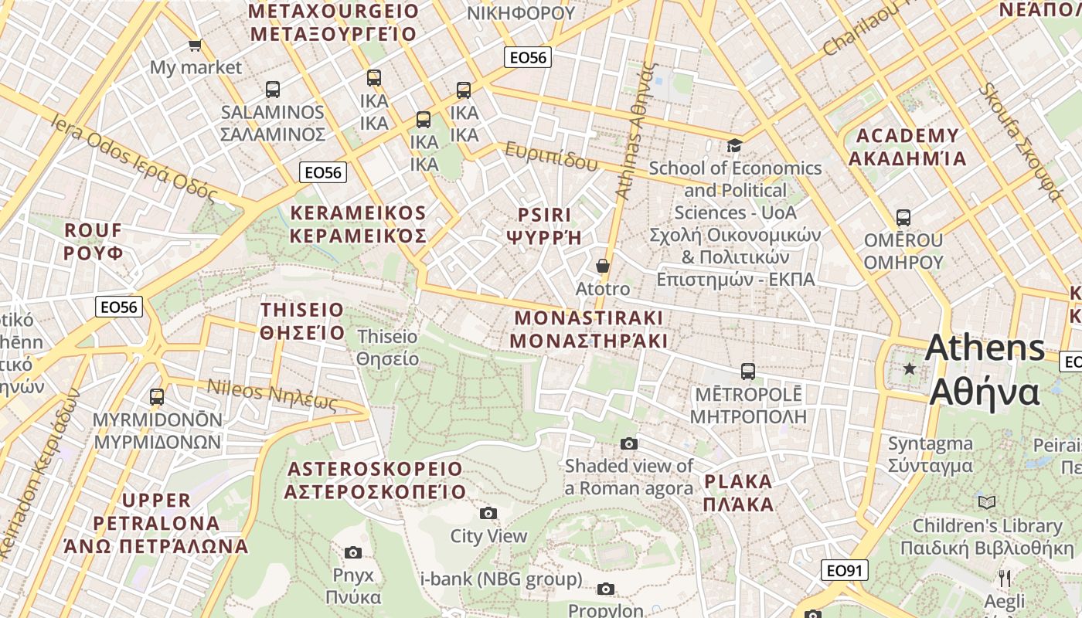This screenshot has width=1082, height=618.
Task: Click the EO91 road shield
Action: pos(844,571)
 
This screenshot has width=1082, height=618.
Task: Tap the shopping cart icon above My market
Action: pos(195,45)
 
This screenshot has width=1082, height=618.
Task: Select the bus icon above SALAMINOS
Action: pos(273,89)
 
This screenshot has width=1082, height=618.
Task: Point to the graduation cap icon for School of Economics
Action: pos(734,145)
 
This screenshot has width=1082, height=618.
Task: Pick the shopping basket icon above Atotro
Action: pos(603,266)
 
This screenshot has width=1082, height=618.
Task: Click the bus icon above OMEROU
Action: pos(903,218)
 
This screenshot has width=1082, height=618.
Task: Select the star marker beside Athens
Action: pos(910,369)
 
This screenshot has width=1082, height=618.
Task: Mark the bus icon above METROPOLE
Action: pos(747,371)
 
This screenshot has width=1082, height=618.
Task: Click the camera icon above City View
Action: pos(488,513)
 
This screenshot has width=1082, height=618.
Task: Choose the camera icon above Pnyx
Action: pos(353,552)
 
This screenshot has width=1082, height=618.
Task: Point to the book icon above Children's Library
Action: pos(987,502)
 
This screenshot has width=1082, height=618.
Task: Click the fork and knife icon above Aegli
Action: pos(1004,578)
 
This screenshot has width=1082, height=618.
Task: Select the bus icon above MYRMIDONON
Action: pos(157,397)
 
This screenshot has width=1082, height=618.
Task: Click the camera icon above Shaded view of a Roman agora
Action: pos(629,443)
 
